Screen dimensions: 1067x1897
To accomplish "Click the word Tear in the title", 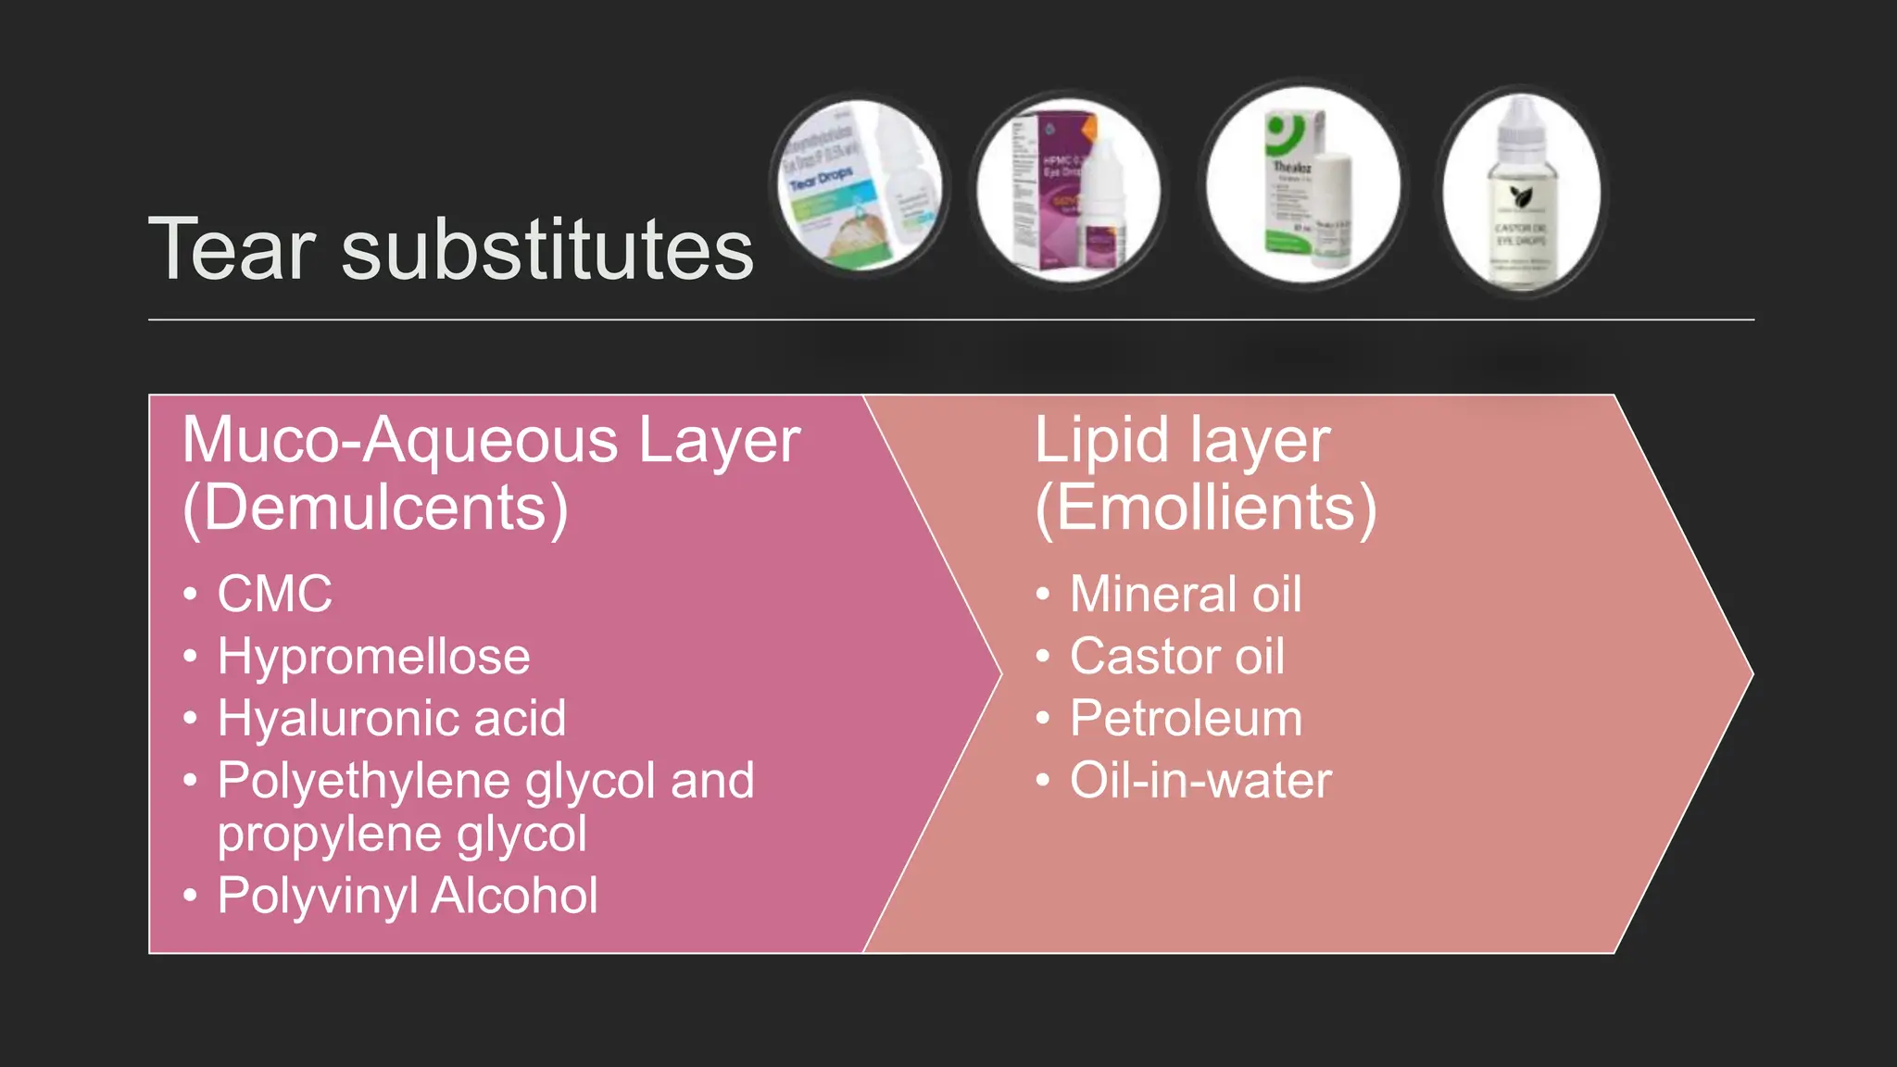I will [x=232, y=249].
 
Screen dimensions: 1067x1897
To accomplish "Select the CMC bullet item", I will [x=274, y=594].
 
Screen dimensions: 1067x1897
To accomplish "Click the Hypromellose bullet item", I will [x=373, y=657].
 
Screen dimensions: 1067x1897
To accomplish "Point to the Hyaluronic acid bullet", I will [x=392, y=719].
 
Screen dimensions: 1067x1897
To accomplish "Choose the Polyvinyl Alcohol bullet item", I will [x=408, y=896].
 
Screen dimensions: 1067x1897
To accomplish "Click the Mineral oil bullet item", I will [x=1186, y=594].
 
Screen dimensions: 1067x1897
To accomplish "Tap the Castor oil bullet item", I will [x=1177, y=657].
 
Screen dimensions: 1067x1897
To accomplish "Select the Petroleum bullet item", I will [x=1187, y=719].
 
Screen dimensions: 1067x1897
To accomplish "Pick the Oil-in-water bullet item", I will [x=1200, y=781].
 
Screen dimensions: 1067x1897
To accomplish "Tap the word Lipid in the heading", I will [x=1101, y=440].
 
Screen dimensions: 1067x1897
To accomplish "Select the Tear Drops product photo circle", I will [x=861, y=186].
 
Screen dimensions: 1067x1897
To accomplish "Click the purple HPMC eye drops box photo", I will [x=1069, y=190].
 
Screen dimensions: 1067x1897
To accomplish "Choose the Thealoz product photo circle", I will [x=1303, y=185].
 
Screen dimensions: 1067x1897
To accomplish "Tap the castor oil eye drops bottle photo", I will [x=1521, y=192].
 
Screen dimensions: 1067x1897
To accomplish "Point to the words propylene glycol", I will [x=402, y=835].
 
